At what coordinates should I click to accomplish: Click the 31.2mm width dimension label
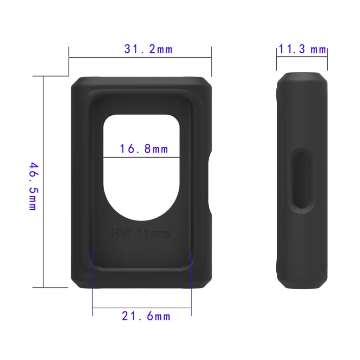click(148, 49)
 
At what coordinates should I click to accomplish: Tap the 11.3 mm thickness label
click(302, 49)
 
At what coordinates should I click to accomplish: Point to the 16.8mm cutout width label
click(144, 148)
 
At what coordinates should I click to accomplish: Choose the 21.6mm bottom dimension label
click(146, 316)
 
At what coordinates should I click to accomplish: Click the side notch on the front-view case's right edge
click(211, 182)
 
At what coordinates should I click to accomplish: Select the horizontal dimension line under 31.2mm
click(140, 57)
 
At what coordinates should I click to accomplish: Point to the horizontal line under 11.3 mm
click(301, 57)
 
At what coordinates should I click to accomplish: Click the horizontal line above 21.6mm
click(142, 308)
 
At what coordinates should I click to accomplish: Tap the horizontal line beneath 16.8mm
click(142, 157)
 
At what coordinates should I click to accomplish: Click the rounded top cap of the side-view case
click(301, 76)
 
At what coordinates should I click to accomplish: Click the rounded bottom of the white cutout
click(142, 216)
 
